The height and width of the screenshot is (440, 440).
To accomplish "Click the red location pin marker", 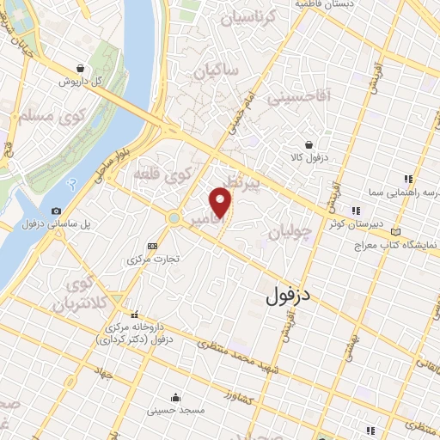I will coord(221,203).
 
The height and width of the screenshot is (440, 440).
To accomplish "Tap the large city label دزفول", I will coord(287,296).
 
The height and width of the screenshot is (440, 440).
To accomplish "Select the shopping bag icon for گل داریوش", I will coord(80,68).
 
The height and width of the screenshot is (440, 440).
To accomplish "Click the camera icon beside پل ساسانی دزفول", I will coord(56,211).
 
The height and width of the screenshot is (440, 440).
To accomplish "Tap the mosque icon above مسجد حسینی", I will coord(175,397).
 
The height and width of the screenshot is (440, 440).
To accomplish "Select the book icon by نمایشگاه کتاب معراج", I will coord(394,232).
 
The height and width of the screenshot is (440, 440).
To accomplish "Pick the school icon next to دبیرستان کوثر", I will coord(356,211).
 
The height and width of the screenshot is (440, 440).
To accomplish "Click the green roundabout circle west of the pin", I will coord(174,218).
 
